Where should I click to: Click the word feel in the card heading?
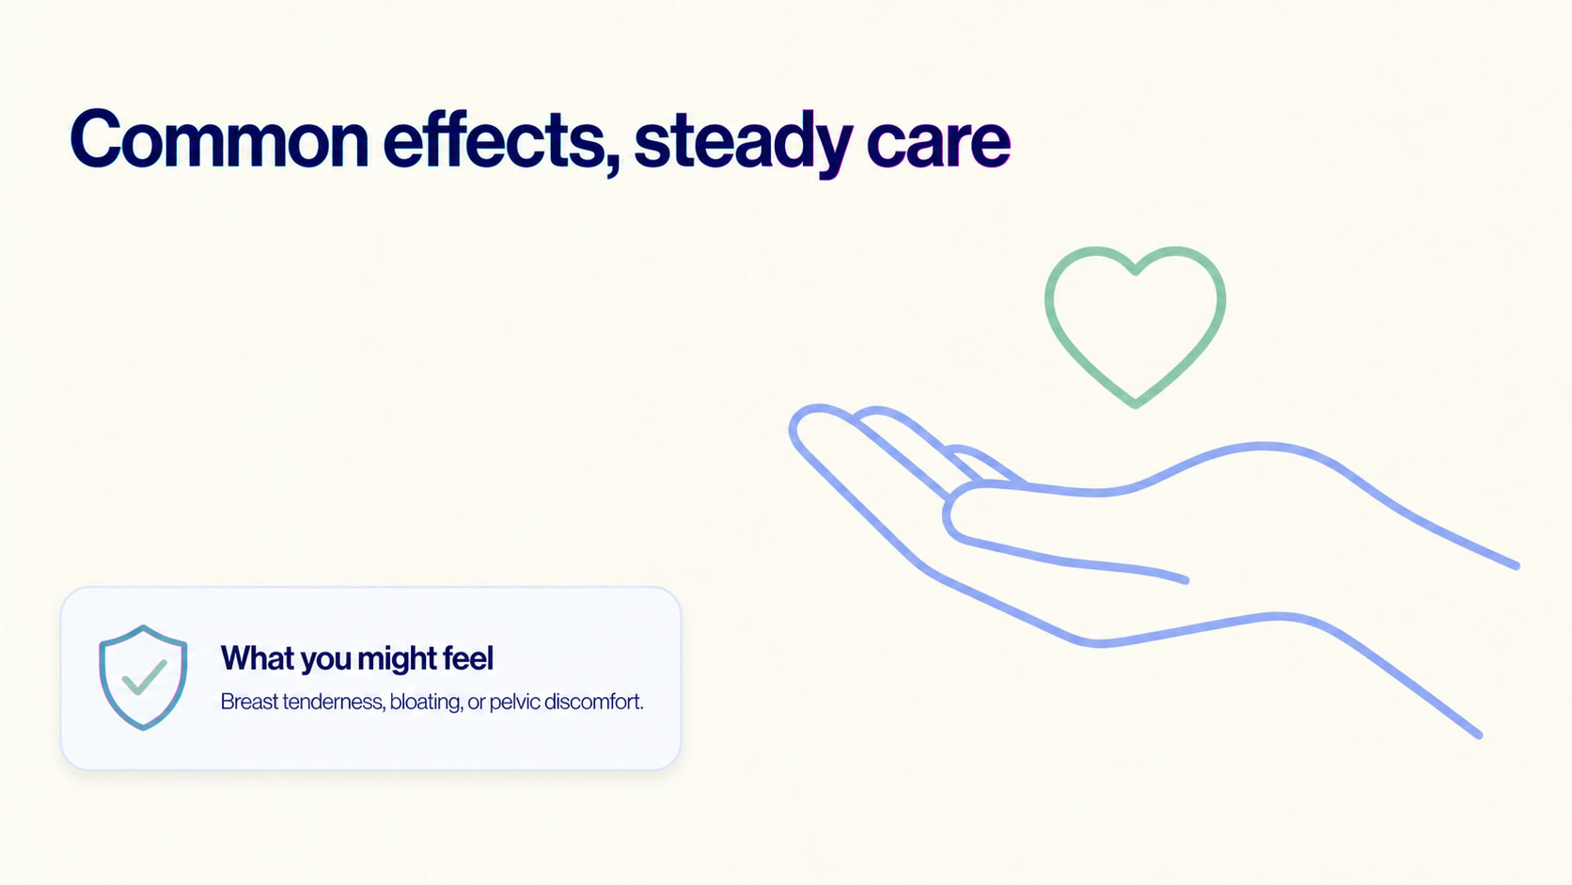(x=470, y=658)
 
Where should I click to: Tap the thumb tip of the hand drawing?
(x=949, y=515)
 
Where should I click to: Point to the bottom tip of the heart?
(x=1135, y=404)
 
